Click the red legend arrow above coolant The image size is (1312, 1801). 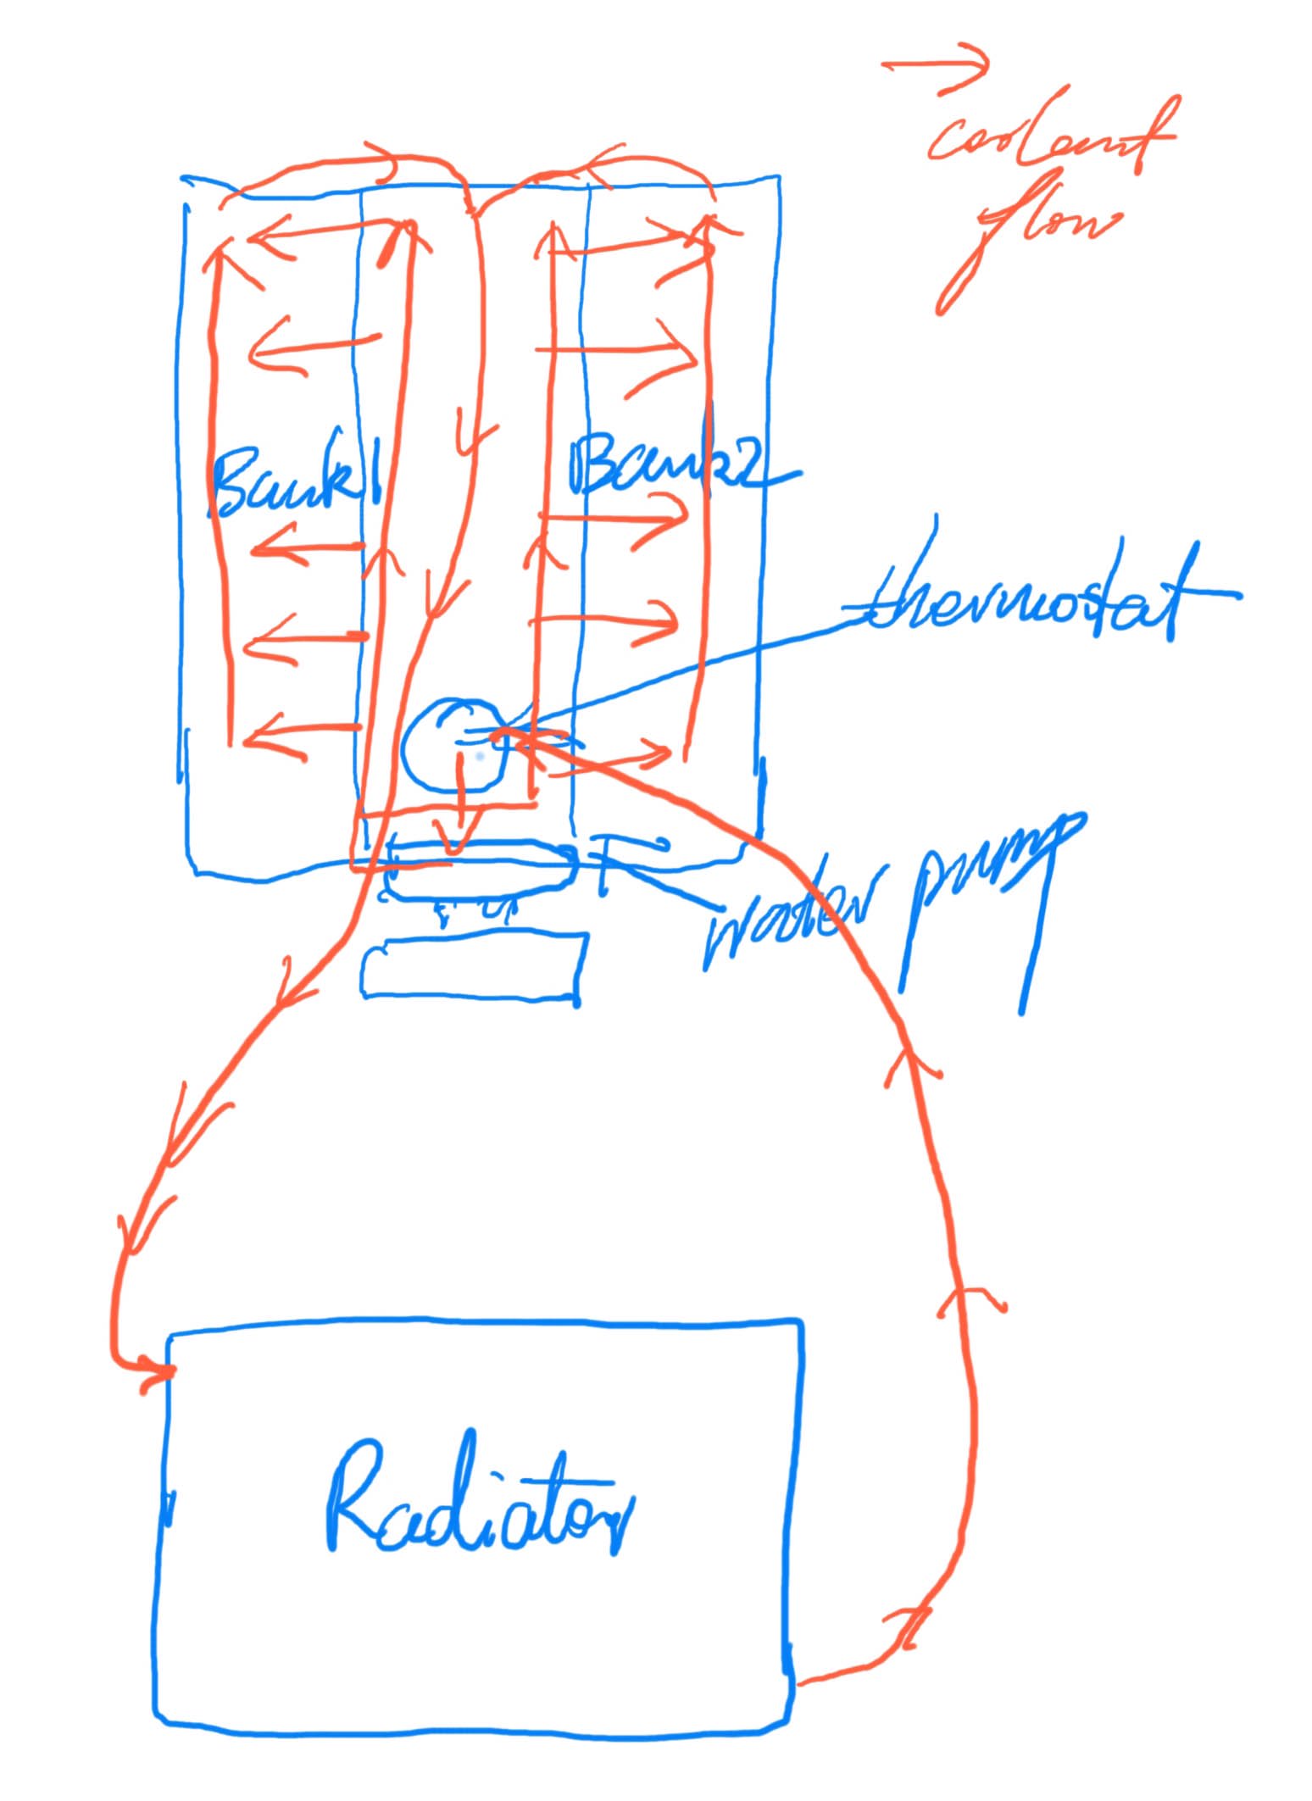click(x=937, y=66)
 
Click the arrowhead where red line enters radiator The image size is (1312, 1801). click(x=157, y=1371)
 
